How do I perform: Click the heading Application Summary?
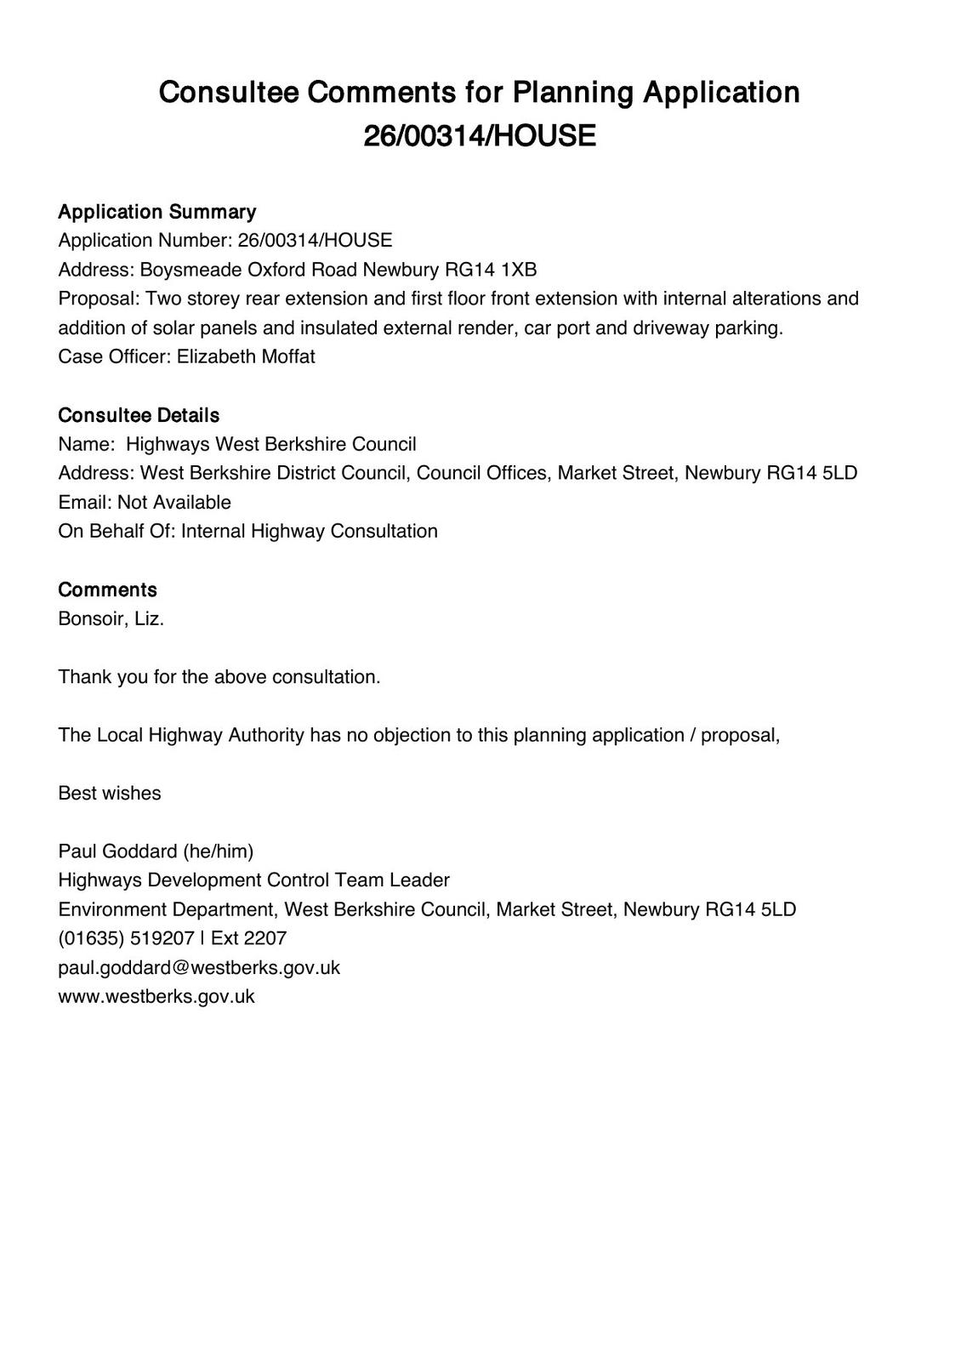(156, 212)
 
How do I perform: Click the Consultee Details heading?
(139, 415)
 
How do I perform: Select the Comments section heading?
(107, 589)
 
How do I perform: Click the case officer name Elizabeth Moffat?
(246, 356)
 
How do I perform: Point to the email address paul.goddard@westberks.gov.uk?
(199, 967)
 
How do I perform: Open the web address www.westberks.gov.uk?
(156, 996)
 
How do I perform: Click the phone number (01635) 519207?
(126, 938)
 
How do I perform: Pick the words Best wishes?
(109, 793)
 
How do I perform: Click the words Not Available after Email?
(174, 502)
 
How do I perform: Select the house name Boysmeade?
(190, 270)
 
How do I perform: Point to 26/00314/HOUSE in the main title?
(480, 136)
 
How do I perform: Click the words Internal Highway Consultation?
(310, 531)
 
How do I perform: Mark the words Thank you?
(93, 677)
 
